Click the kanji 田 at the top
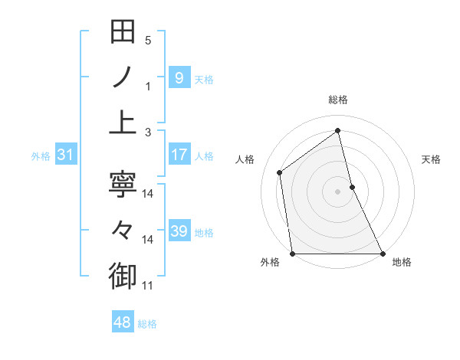pyautogui.click(x=123, y=32)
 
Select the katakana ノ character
pyautogui.click(x=123, y=77)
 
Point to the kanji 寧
pyautogui.click(x=123, y=185)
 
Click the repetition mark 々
pyautogui.click(x=123, y=230)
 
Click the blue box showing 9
pyautogui.click(x=179, y=78)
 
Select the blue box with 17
pyautogui.click(x=179, y=155)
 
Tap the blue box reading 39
pyautogui.click(x=179, y=231)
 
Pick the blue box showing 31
pyautogui.click(x=65, y=155)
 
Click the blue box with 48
pyautogui.click(x=122, y=322)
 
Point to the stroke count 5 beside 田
pyautogui.click(x=148, y=40)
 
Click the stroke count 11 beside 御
pyautogui.click(x=148, y=286)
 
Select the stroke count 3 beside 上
pyautogui.click(x=148, y=133)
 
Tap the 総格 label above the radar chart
pyautogui.click(x=338, y=100)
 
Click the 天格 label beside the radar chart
pyautogui.click(x=432, y=159)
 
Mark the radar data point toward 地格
pyautogui.click(x=382, y=254)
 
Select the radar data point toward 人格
pyautogui.click(x=280, y=172)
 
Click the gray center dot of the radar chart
pyautogui.click(x=337, y=191)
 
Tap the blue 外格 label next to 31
pyautogui.click(x=41, y=156)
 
